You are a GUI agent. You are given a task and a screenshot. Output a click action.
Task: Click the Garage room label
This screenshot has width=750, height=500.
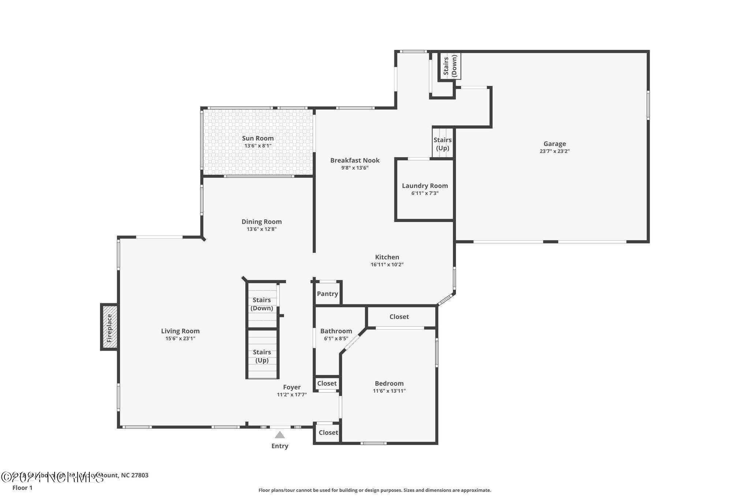coord(554,144)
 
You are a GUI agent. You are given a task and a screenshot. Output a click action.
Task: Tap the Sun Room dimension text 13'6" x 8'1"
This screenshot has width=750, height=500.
coord(258,146)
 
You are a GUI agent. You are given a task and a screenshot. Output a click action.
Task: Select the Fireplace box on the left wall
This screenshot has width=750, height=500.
coord(109,327)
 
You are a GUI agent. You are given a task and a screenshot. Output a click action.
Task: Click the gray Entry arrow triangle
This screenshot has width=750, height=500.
coord(280,435)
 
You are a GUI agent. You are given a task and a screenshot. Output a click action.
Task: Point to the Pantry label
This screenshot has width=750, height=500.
coord(327,294)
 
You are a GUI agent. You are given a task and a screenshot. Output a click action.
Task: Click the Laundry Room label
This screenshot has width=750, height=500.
coord(425,186)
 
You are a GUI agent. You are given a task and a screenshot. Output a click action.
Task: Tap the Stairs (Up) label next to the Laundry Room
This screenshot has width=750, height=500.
coord(442,144)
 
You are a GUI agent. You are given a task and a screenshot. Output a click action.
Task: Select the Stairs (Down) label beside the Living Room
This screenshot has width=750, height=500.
coord(261,304)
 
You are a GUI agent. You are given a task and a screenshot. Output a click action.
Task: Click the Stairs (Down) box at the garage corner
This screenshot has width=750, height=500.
coord(450,66)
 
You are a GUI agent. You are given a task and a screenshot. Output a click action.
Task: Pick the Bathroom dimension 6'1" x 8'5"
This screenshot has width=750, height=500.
coord(336,339)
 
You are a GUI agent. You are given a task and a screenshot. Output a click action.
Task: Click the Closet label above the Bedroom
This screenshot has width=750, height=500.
coord(399,317)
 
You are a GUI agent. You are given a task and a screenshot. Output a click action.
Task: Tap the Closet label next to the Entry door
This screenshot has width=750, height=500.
coord(328,433)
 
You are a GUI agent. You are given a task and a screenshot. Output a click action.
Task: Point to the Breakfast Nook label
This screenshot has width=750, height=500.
coord(354,160)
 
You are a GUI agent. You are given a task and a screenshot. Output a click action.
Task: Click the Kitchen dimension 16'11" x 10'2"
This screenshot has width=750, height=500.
coord(387,264)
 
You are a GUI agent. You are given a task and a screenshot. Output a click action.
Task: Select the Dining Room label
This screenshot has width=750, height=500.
coord(261,222)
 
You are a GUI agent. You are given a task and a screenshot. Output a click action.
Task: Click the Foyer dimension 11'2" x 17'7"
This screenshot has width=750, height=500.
coord(292,395)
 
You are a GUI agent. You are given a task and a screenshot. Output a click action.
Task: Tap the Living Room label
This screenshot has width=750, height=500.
coord(180,331)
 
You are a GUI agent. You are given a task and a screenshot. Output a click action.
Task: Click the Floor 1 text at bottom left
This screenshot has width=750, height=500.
coord(22,488)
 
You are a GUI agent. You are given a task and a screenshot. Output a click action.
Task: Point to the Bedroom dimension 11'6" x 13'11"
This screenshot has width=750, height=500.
coord(389,391)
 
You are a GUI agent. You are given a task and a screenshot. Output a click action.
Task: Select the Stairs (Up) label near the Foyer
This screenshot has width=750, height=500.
coord(261,356)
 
